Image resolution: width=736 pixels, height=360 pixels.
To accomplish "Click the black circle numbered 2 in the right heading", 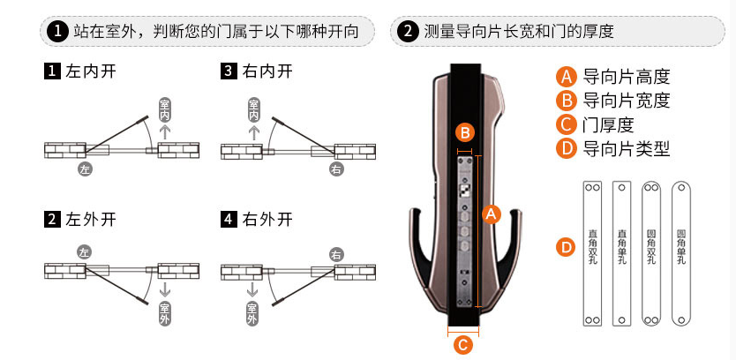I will (x=408, y=32).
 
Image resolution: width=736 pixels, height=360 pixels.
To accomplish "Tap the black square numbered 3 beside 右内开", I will (x=229, y=71).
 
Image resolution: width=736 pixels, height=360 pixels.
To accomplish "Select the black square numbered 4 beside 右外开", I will (x=229, y=220).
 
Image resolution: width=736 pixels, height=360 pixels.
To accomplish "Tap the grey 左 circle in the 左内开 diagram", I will (x=85, y=168).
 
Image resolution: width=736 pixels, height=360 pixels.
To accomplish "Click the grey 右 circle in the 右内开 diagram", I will (x=336, y=168).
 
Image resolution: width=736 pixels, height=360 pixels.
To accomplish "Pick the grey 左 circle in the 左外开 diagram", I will (x=85, y=253).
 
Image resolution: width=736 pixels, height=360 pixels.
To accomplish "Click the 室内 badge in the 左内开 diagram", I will (x=164, y=109).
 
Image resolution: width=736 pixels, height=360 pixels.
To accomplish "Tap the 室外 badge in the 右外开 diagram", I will (x=253, y=312).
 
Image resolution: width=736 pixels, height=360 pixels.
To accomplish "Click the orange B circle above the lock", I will (x=465, y=133).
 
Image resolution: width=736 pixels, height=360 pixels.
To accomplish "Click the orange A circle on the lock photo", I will (x=492, y=213).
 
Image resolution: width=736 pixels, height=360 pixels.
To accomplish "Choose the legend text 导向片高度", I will (x=627, y=77).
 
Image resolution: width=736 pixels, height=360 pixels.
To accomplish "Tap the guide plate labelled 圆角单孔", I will (x=681, y=252).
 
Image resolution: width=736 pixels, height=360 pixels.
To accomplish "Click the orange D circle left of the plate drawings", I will (x=567, y=246).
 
